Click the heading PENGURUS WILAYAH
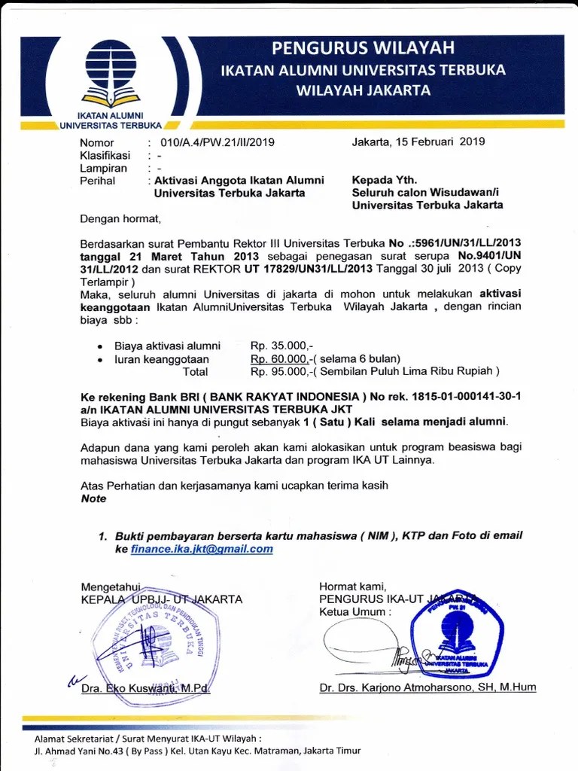(x=363, y=49)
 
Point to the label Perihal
(x=97, y=181)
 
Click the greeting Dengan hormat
(x=120, y=220)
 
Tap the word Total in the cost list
(x=196, y=371)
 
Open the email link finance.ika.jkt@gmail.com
(x=201, y=549)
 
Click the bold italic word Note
(x=94, y=498)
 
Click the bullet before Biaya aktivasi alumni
(x=101, y=346)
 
